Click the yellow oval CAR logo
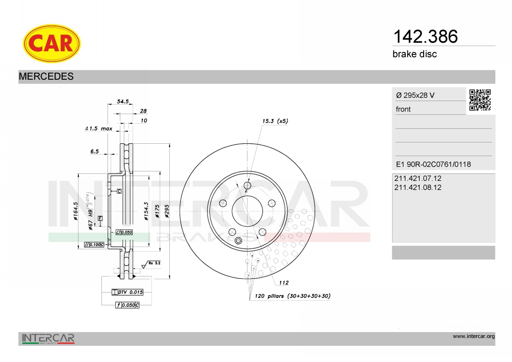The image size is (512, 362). (52, 43)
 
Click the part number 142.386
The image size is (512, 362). (425, 37)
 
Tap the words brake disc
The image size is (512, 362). (415, 54)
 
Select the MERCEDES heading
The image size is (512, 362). (46, 76)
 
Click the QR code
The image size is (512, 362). (480, 100)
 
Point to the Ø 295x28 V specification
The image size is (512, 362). (415, 95)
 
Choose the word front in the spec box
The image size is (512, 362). (403, 109)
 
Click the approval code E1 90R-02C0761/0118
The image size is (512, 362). (433, 164)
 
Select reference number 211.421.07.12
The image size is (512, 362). (418, 178)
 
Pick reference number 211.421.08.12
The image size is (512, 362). (418, 188)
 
